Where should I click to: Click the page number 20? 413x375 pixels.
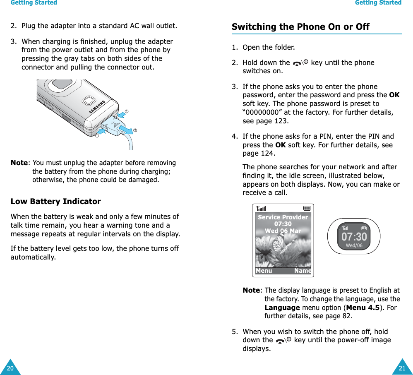[10, 368]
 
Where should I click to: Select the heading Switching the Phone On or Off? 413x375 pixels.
[300, 27]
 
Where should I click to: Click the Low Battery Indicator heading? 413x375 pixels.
[55, 202]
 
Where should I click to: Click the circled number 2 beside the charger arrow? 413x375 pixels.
[135, 130]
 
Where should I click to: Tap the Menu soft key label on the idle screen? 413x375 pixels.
[264, 271]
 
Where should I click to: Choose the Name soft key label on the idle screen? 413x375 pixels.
[303, 271]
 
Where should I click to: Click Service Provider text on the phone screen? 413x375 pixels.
[283, 217]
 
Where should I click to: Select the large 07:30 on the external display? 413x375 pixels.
[354, 237]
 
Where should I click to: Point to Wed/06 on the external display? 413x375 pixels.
[354, 245]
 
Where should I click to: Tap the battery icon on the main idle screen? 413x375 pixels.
[307, 208]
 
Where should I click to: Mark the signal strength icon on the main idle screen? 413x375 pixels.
[261, 208]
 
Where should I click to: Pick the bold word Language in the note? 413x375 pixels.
[282, 308]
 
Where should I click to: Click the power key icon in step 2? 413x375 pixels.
[300, 63]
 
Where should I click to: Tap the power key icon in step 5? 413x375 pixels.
[283, 341]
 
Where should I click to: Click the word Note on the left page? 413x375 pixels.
[19, 163]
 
